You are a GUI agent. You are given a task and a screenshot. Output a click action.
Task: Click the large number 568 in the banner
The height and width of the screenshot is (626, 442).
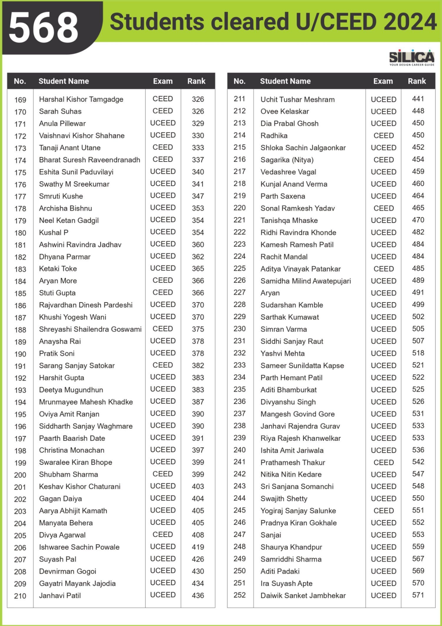point(44,28)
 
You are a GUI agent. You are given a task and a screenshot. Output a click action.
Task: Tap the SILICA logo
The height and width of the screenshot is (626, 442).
point(411,57)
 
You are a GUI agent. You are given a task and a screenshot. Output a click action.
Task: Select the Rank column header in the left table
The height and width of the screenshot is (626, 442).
point(196,81)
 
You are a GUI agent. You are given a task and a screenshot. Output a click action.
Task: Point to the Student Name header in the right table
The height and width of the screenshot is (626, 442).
point(285,81)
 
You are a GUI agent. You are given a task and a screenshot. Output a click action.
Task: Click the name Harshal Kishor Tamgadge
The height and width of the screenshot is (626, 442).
point(81,99)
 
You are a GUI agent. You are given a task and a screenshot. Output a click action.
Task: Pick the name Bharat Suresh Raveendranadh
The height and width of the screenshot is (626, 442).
point(89,160)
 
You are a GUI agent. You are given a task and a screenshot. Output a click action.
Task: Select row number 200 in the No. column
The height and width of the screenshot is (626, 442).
point(20,475)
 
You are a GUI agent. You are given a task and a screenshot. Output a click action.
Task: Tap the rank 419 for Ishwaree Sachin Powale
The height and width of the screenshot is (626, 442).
point(198,547)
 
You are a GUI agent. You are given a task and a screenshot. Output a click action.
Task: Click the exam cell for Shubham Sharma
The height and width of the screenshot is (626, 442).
point(163,474)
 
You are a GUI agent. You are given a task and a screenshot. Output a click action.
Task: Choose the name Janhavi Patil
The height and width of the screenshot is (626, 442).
point(60,595)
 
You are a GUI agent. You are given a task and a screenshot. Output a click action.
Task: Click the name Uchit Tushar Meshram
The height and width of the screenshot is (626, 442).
point(298,100)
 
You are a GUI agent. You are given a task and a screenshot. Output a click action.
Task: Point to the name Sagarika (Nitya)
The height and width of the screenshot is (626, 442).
point(287,160)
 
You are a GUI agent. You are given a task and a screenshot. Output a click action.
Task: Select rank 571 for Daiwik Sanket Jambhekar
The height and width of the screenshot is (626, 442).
point(418,595)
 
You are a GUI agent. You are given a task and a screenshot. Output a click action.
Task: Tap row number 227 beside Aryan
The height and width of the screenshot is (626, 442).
point(240,292)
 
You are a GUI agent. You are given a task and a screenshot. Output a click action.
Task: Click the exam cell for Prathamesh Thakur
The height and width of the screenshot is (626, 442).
point(383,462)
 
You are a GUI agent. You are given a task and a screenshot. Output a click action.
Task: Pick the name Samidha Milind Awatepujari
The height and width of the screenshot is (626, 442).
point(305,281)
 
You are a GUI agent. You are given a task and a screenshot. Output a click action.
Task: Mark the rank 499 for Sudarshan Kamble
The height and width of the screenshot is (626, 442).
point(418,304)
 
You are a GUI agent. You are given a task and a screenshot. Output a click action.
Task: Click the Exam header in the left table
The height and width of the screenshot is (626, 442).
point(163,81)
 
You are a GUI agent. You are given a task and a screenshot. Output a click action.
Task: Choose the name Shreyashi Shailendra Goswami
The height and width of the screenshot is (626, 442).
point(90,329)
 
